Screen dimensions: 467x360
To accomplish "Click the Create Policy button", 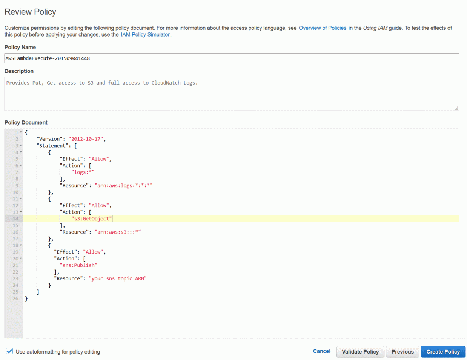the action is pos(443,352).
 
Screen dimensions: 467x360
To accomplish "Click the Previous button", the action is pos(402,352).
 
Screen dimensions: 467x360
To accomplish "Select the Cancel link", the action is pos(321,351).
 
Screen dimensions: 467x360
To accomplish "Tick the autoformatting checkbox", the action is pos(9,351).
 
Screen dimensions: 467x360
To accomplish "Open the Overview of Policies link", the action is pos(323,28).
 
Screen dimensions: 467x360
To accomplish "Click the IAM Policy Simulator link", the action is pos(145,35).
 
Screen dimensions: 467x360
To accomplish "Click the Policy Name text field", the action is pos(232,58).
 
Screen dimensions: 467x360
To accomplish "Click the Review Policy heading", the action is pos(30,12).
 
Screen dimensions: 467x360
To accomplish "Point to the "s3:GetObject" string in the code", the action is pos(92,218).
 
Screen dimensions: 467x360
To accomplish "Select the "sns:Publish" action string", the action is pos(78,265).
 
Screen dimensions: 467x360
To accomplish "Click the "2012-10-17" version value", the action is pos(86,139).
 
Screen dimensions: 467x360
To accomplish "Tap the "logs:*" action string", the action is pos(83,172).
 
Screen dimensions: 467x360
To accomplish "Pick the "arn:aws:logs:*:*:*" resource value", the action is pos(124,186).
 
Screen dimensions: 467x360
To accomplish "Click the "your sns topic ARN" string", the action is pos(118,278).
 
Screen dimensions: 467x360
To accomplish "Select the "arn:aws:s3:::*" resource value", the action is pos(118,232).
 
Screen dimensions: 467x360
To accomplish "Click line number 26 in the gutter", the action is pos(15,298).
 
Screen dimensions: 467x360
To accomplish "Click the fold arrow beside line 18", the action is pos(21,245).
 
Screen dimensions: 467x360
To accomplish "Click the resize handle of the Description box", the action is pos(456,108).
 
